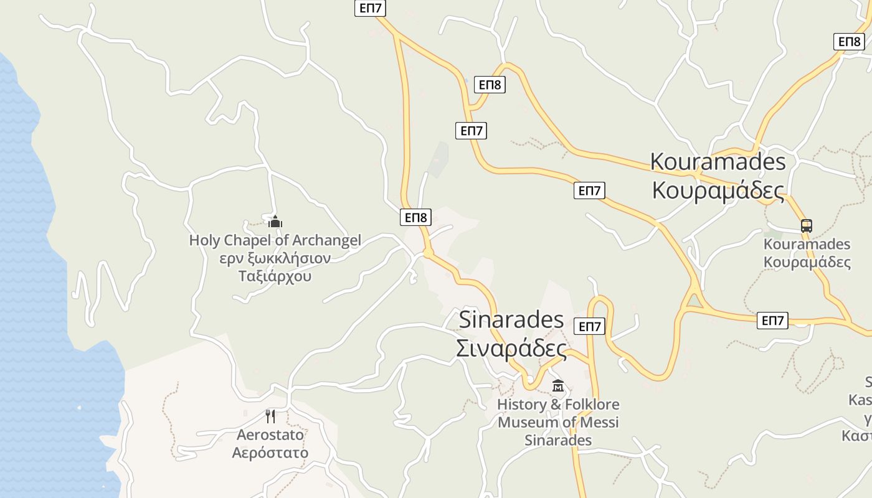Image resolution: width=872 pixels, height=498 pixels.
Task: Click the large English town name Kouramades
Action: click(718, 161)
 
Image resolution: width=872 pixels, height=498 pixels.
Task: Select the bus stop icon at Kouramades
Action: click(807, 226)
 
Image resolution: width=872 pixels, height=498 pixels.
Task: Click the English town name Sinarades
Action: click(511, 319)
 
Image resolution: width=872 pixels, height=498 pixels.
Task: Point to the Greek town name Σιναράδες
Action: click(511, 348)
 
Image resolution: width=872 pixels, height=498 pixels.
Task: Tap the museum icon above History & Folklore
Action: click(557, 386)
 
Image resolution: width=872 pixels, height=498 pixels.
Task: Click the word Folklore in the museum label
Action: click(587, 405)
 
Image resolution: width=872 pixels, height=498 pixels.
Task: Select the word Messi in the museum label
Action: click(599, 423)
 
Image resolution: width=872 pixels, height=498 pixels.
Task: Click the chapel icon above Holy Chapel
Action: click(275, 222)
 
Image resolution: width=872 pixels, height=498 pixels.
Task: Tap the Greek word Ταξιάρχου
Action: click(275, 276)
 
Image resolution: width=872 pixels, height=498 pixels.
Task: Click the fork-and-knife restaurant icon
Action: click(270, 416)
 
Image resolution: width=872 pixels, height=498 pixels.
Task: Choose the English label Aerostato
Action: click(270, 435)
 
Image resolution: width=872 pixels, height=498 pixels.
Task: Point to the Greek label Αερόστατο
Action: click(270, 453)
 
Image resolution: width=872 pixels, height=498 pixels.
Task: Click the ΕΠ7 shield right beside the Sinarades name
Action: click(589, 326)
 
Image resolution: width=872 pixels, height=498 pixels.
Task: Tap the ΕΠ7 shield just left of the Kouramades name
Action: click(589, 190)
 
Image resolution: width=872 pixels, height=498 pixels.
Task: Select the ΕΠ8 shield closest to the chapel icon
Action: click(415, 217)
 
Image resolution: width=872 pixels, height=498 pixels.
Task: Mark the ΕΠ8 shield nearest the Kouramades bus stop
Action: click(848, 42)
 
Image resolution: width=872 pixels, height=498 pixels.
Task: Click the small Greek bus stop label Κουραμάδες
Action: click(807, 262)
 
